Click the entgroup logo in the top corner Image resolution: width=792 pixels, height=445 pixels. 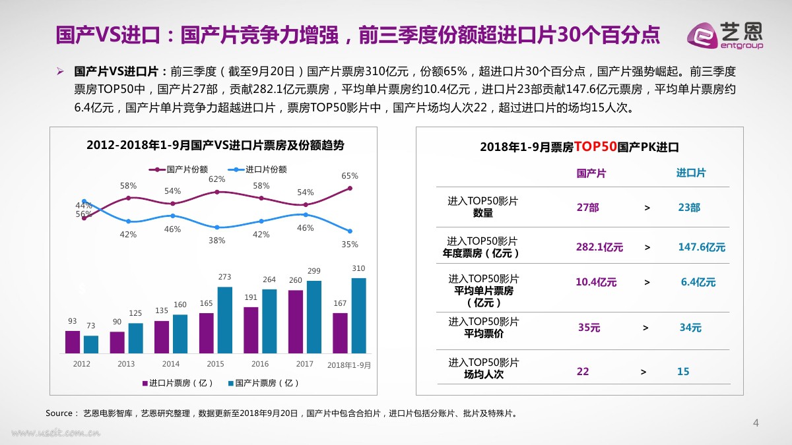click(x=725, y=35)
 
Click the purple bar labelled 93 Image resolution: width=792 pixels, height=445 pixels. click(x=72, y=341)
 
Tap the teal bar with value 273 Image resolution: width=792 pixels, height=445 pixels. click(x=224, y=319)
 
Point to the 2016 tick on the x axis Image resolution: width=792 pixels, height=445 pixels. click(x=260, y=364)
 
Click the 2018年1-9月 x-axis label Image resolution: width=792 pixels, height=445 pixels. click(x=350, y=365)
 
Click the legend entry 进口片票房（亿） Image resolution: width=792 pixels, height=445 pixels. click(x=177, y=383)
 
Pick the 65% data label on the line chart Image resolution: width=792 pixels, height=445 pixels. click(x=350, y=176)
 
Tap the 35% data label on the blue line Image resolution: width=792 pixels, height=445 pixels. click(x=350, y=245)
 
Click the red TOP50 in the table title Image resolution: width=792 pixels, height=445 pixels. click(x=595, y=146)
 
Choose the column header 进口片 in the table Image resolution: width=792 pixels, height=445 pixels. click(x=690, y=173)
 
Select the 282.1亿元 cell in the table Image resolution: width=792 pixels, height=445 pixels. click(x=599, y=247)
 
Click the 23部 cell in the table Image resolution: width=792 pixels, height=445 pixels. click(x=689, y=208)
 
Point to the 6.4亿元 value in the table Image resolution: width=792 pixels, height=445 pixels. click(x=698, y=282)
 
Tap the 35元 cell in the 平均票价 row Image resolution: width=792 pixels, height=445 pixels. click(x=589, y=328)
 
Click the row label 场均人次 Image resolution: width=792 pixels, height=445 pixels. click(x=484, y=374)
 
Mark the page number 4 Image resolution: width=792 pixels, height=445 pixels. click(x=756, y=423)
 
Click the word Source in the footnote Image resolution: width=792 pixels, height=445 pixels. click(x=59, y=413)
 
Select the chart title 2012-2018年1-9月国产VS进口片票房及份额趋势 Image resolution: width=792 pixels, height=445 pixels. click(x=215, y=146)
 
